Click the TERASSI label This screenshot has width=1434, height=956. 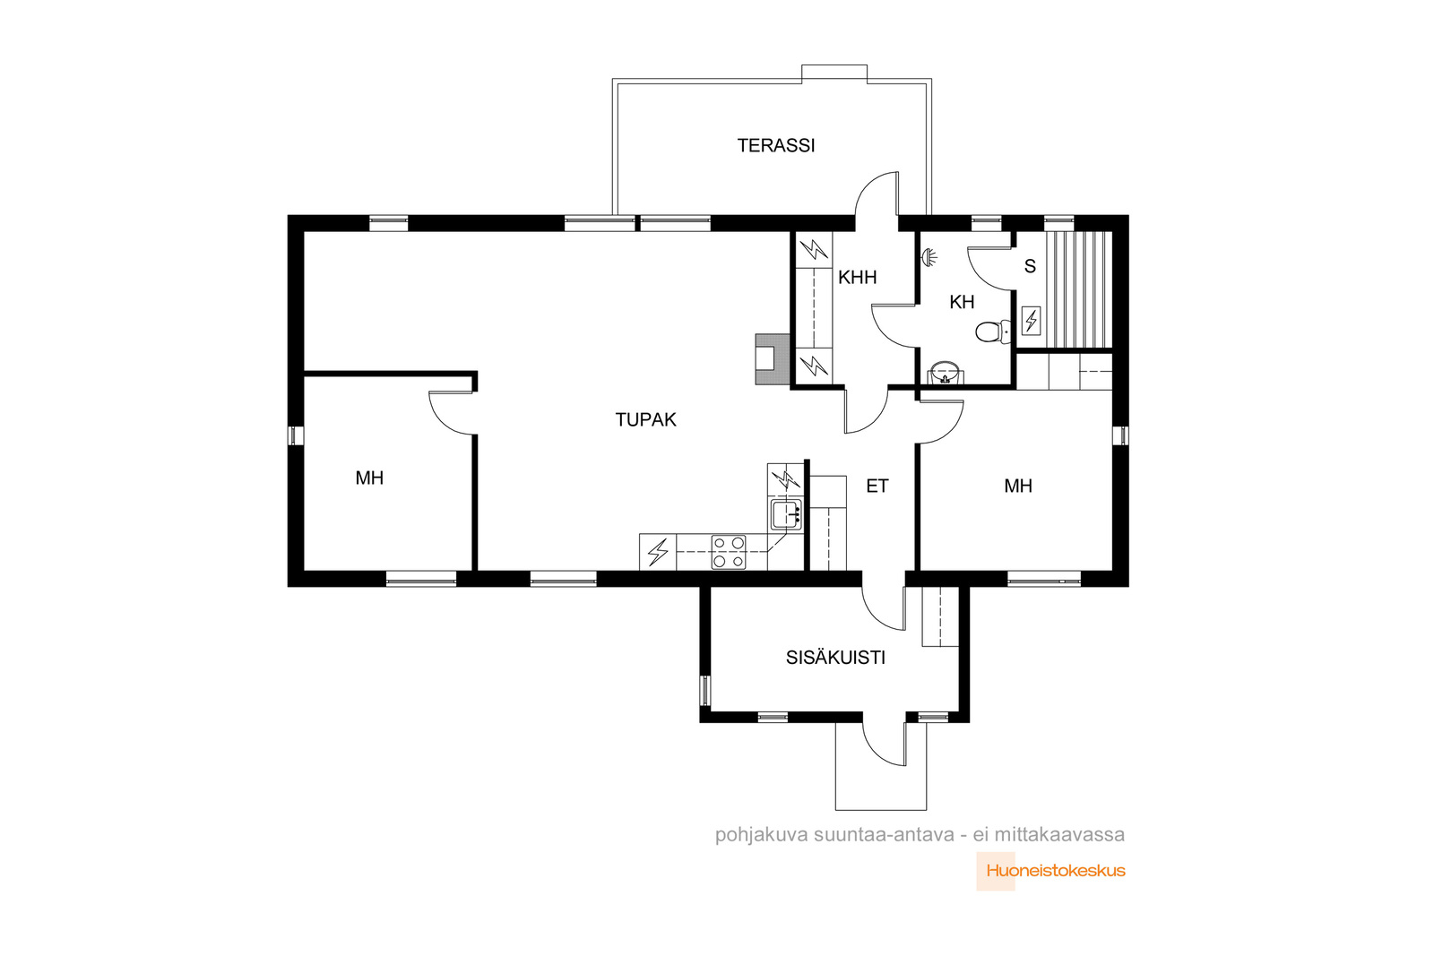point(775,146)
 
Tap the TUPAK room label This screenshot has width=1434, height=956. point(645,420)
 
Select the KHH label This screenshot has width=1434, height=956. point(857,278)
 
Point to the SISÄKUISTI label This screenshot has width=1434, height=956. point(835,657)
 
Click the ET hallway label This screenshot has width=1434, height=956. point(877,487)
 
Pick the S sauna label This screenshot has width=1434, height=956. point(1030,266)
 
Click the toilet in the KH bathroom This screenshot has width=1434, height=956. point(992,332)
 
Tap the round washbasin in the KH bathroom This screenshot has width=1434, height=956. point(945,372)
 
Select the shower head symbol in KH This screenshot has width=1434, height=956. point(929,256)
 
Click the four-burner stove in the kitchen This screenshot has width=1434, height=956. point(729,552)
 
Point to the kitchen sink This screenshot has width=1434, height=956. point(786,514)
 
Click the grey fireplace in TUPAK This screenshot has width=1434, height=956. point(773,359)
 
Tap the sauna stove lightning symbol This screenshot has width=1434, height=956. point(1031,321)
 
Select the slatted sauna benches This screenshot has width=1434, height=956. point(1079,290)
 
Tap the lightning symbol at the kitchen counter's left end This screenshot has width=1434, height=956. point(658,552)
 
